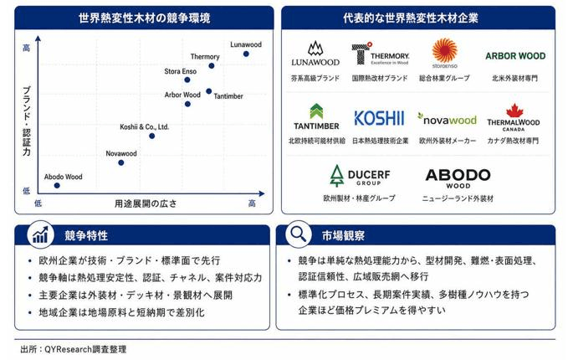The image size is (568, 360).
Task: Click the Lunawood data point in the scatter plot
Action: (x=246, y=54)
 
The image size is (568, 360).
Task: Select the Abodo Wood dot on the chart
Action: (x=57, y=186)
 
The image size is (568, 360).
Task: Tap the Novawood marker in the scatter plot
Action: (x=121, y=162)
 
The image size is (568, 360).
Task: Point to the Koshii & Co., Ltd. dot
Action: (x=151, y=136)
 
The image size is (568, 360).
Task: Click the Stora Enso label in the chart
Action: (x=180, y=71)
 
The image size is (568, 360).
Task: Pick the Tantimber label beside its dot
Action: (x=228, y=96)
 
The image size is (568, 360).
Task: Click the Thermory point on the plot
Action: (x=211, y=66)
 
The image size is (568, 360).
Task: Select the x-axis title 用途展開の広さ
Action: (x=146, y=203)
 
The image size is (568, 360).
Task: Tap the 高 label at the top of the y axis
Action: (x=27, y=48)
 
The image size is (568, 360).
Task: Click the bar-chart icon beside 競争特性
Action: (x=40, y=234)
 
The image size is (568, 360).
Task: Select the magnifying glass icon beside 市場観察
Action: (x=299, y=234)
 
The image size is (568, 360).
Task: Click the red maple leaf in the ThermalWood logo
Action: (x=514, y=111)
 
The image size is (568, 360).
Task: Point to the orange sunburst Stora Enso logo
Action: (x=444, y=50)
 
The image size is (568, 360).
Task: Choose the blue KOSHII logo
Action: (x=379, y=118)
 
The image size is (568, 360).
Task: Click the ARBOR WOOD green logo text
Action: (x=515, y=56)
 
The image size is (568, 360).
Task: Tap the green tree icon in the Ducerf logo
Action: (x=337, y=176)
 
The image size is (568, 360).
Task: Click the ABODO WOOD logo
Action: (x=458, y=178)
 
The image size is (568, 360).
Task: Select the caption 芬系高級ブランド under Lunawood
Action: (x=315, y=79)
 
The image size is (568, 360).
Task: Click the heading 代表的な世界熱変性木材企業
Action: (x=411, y=18)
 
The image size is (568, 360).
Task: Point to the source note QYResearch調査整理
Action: (x=85, y=349)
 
